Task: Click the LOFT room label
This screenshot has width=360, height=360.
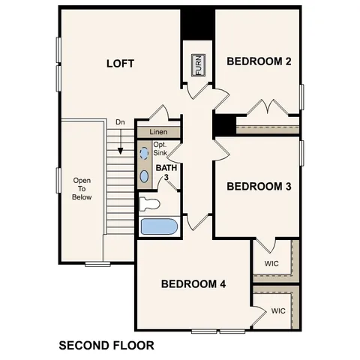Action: [x=119, y=64]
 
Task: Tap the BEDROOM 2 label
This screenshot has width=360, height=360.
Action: [x=259, y=61]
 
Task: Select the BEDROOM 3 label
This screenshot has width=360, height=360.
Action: [x=259, y=186]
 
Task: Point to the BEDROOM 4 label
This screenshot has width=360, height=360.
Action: [x=193, y=284]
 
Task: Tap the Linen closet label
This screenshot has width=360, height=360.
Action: [x=157, y=132]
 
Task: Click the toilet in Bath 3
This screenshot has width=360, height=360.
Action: [x=150, y=203]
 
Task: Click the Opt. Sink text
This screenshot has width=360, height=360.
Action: [x=160, y=148]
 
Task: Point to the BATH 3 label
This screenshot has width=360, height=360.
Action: [x=163, y=173]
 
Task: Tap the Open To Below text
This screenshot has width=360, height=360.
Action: [x=82, y=189]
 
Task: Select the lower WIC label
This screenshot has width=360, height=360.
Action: [x=277, y=310]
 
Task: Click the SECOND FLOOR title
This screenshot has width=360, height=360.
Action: [x=106, y=346]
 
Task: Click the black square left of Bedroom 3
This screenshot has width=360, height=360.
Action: [x=223, y=125]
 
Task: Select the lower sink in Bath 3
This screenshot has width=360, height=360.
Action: [x=145, y=176]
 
